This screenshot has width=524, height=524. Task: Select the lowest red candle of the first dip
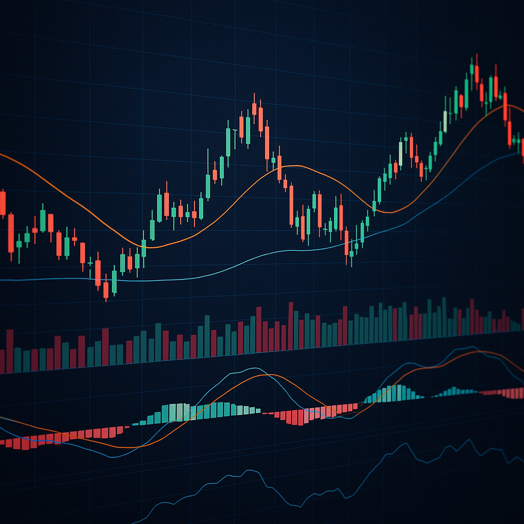tap(106, 290)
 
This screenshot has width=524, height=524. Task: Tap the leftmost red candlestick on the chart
tap(3, 203)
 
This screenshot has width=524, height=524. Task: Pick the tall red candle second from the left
tap(11, 233)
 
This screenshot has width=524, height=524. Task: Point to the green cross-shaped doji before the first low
tap(91, 263)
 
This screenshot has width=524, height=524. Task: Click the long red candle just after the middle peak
tap(267, 143)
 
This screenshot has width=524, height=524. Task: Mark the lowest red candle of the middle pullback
tap(346, 243)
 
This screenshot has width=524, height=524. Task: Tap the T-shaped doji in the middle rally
tap(235, 130)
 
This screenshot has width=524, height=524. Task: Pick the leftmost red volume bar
tap(9, 351)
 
